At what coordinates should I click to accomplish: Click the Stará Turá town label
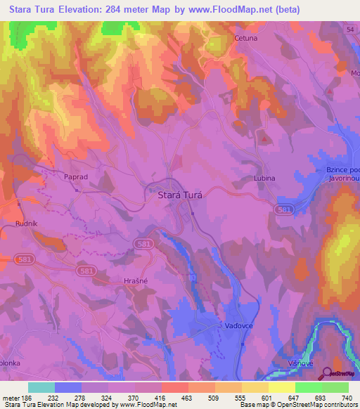[x=179, y=197]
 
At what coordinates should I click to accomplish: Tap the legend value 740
[x=346, y=398]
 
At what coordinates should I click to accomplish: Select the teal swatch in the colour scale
[x=41, y=387]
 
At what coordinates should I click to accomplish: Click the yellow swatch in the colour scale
[x=282, y=387]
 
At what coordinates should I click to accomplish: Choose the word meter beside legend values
[x=10, y=398]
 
